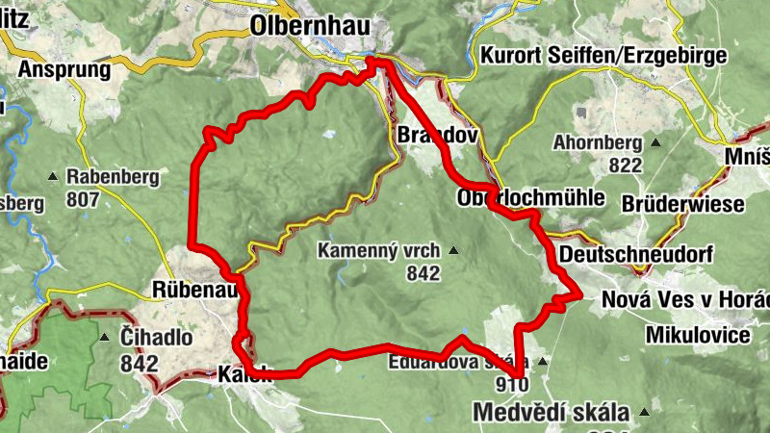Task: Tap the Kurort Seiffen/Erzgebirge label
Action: tap(603, 55)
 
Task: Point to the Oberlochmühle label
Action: tap(531, 198)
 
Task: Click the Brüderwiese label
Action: tap(683, 204)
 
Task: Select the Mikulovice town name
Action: tap(698, 335)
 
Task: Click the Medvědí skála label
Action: tap(551, 413)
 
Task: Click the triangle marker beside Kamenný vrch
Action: tap(453, 251)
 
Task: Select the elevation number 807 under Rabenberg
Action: tap(84, 200)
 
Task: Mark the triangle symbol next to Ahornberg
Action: tap(655, 143)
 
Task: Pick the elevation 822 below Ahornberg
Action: tap(625, 166)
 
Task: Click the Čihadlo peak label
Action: tap(157, 339)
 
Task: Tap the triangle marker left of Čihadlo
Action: tap(105, 338)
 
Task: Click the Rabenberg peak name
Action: tap(110, 177)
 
